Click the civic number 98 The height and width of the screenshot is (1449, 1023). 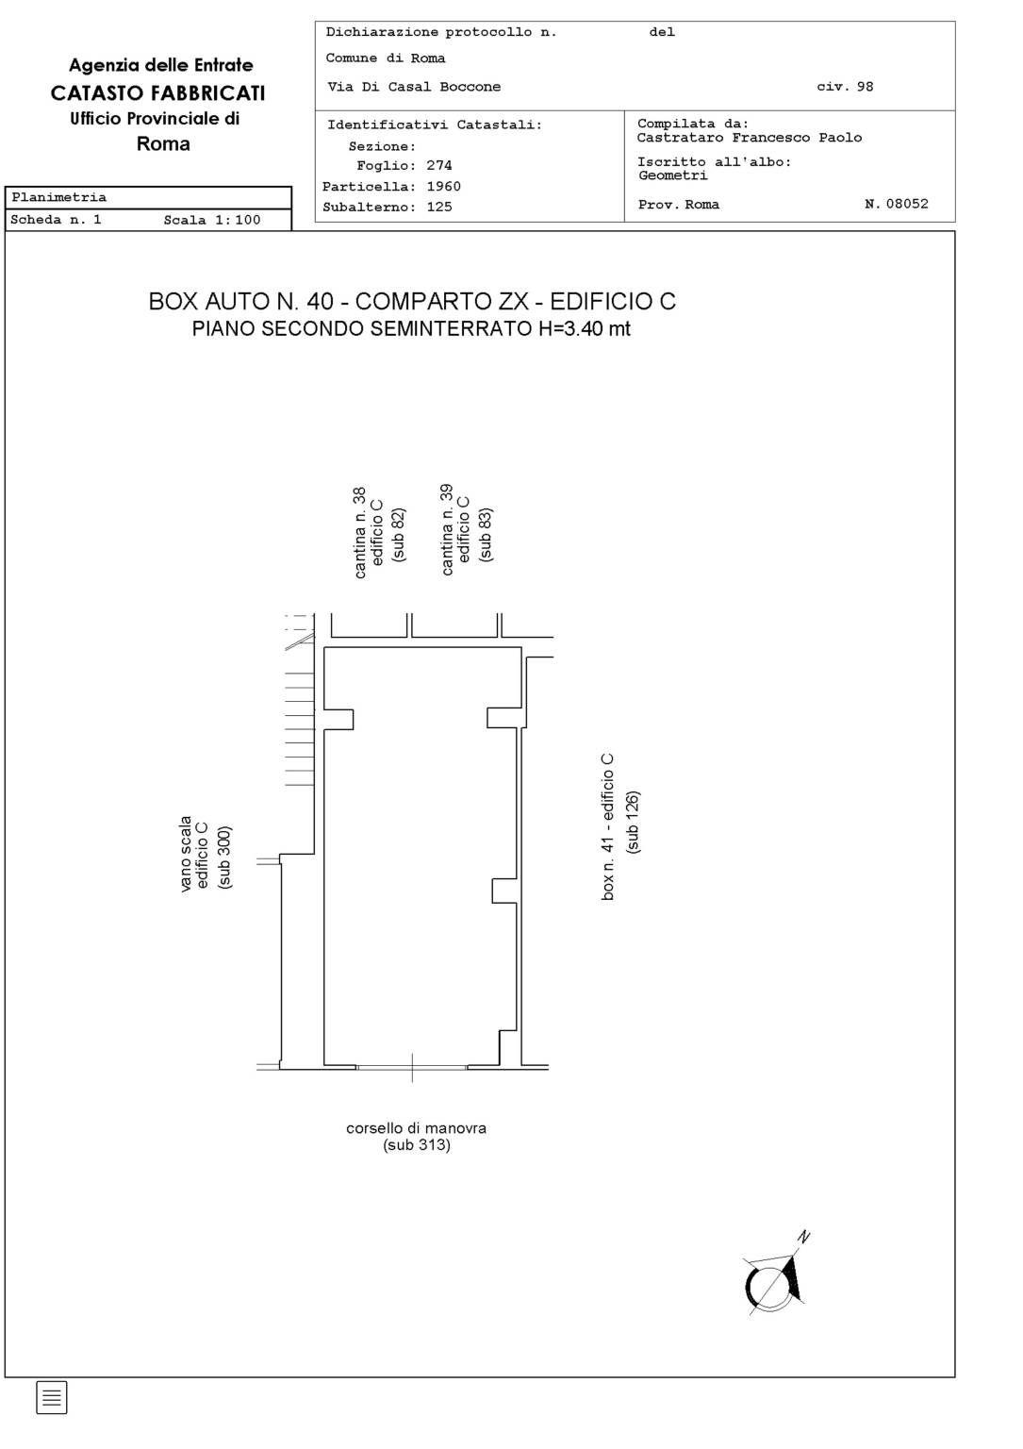click(x=864, y=87)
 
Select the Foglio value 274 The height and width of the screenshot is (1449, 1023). click(x=438, y=166)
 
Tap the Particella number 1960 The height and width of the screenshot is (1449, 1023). click(x=443, y=186)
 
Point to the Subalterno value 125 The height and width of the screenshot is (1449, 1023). click(x=439, y=207)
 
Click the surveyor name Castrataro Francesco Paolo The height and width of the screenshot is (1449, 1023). click(x=749, y=137)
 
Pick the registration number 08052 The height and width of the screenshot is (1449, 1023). click(x=907, y=204)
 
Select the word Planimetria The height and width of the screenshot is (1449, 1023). click(x=58, y=197)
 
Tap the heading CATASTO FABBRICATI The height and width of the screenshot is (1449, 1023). click(x=157, y=93)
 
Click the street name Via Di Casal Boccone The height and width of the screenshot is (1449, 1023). click(x=414, y=87)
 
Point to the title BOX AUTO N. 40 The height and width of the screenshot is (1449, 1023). click(x=241, y=302)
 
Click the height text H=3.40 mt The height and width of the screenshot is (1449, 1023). click(x=585, y=328)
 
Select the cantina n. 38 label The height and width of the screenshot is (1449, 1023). click(x=360, y=532)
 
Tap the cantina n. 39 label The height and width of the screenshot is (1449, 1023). click(x=447, y=530)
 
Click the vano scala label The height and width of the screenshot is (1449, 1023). click(x=186, y=854)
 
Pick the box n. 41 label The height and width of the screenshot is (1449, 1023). click(x=607, y=826)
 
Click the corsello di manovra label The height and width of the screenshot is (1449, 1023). click(x=417, y=1128)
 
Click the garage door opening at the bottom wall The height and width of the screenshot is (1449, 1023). click(x=411, y=1067)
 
